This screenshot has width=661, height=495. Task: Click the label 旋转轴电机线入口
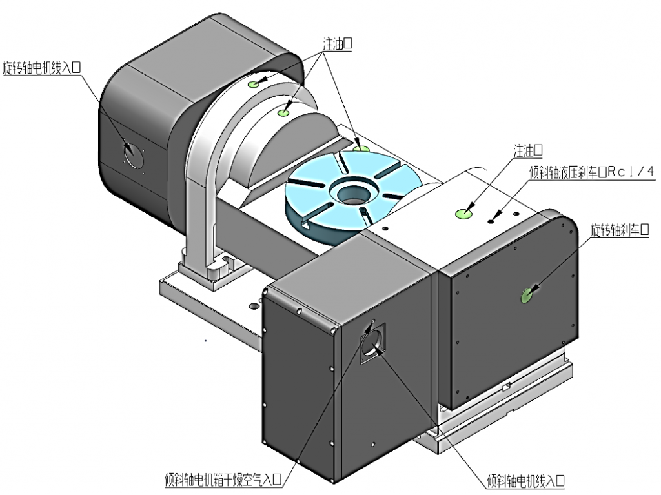(x=41, y=68)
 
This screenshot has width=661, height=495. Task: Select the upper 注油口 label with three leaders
(x=337, y=43)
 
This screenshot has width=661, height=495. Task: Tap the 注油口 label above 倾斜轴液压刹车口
(x=528, y=150)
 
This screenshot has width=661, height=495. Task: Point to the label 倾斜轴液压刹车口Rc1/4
(x=592, y=172)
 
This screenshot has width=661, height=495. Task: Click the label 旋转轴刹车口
(x=620, y=230)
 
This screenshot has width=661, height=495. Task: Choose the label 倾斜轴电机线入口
(x=525, y=480)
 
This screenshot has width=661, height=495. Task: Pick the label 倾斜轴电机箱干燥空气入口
(x=223, y=479)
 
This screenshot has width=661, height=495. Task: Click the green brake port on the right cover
(x=527, y=296)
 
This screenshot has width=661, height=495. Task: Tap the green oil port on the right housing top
(x=463, y=214)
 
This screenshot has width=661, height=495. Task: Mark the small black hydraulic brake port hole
(x=491, y=221)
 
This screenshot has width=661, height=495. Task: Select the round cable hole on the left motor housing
(x=134, y=155)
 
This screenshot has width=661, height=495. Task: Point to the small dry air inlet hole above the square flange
(x=372, y=321)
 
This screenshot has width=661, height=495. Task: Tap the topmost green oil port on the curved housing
(x=253, y=84)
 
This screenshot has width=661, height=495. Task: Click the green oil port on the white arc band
(x=283, y=112)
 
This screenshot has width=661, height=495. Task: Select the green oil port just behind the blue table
(x=361, y=149)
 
